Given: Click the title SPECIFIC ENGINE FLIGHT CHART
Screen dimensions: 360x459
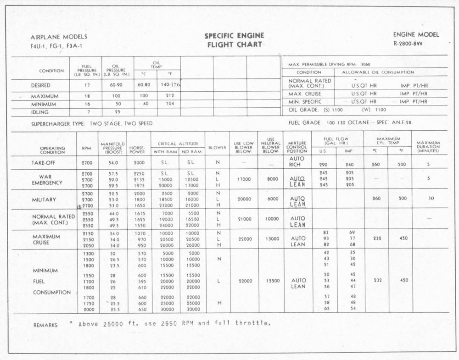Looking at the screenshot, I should coord(234,40).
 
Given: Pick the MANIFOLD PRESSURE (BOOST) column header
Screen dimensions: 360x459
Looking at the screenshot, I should coord(113,147).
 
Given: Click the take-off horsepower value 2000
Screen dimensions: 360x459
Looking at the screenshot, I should coord(138,163).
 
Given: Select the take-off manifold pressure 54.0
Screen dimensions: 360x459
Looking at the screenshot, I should coord(113,163).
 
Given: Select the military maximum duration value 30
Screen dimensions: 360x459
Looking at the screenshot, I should coord(431,199).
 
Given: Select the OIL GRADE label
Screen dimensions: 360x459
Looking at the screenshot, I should coord(303,110).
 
